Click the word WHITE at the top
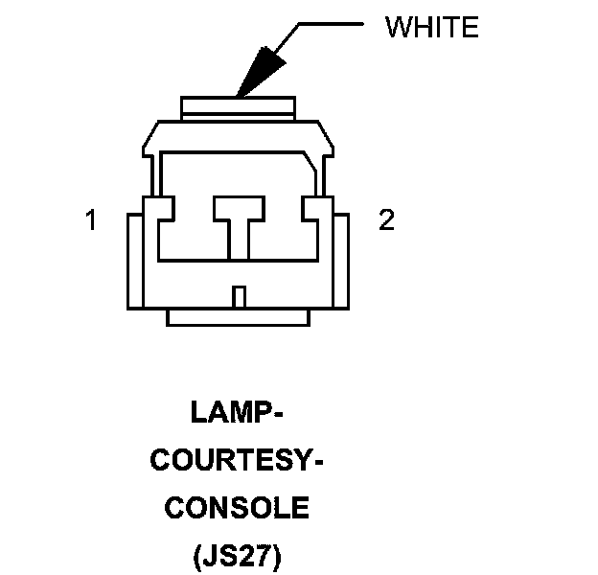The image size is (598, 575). tap(430, 27)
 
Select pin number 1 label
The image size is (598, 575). tap(91, 221)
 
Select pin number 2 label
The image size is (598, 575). tap(386, 221)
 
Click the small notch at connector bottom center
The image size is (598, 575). tap(240, 296)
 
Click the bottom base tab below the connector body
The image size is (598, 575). tap(239, 317)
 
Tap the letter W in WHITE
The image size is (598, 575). tap(397, 27)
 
